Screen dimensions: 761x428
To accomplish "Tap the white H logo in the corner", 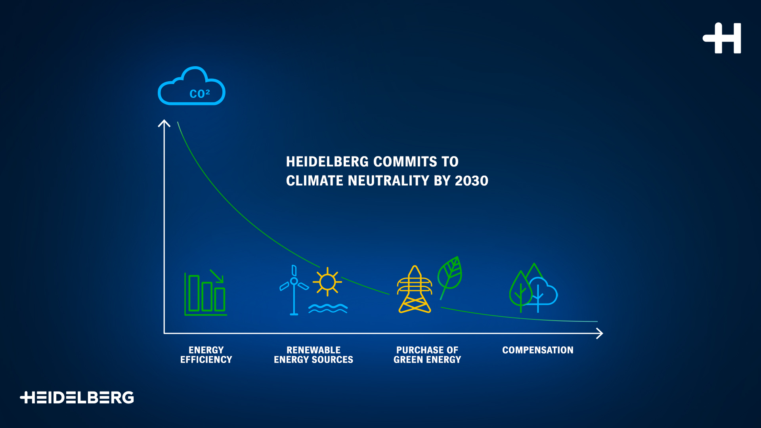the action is pyautogui.click(x=722, y=38).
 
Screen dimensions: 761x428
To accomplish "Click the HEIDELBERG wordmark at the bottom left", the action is pyautogui.click(x=77, y=397).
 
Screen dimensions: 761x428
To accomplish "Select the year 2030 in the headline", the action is pyautogui.click(x=472, y=181).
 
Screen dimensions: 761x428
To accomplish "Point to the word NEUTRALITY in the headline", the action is pyautogui.click(x=388, y=181).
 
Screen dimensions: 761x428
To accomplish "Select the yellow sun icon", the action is pyautogui.click(x=327, y=282).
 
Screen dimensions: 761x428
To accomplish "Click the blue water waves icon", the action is pyautogui.click(x=328, y=308).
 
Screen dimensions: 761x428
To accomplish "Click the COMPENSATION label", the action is pyautogui.click(x=538, y=350).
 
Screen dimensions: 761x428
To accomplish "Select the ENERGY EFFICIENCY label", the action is pyautogui.click(x=206, y=355).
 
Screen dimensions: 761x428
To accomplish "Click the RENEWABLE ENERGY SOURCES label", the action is pyautogui.click(x=314, y=355).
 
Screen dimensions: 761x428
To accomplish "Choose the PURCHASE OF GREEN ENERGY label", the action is pyautogui.click(x=427, y=355).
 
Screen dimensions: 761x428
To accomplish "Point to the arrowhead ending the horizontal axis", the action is pyautogui.click(x=600, y=334).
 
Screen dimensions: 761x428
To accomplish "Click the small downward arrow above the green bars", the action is pyautogui.click(x=217, y=276).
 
